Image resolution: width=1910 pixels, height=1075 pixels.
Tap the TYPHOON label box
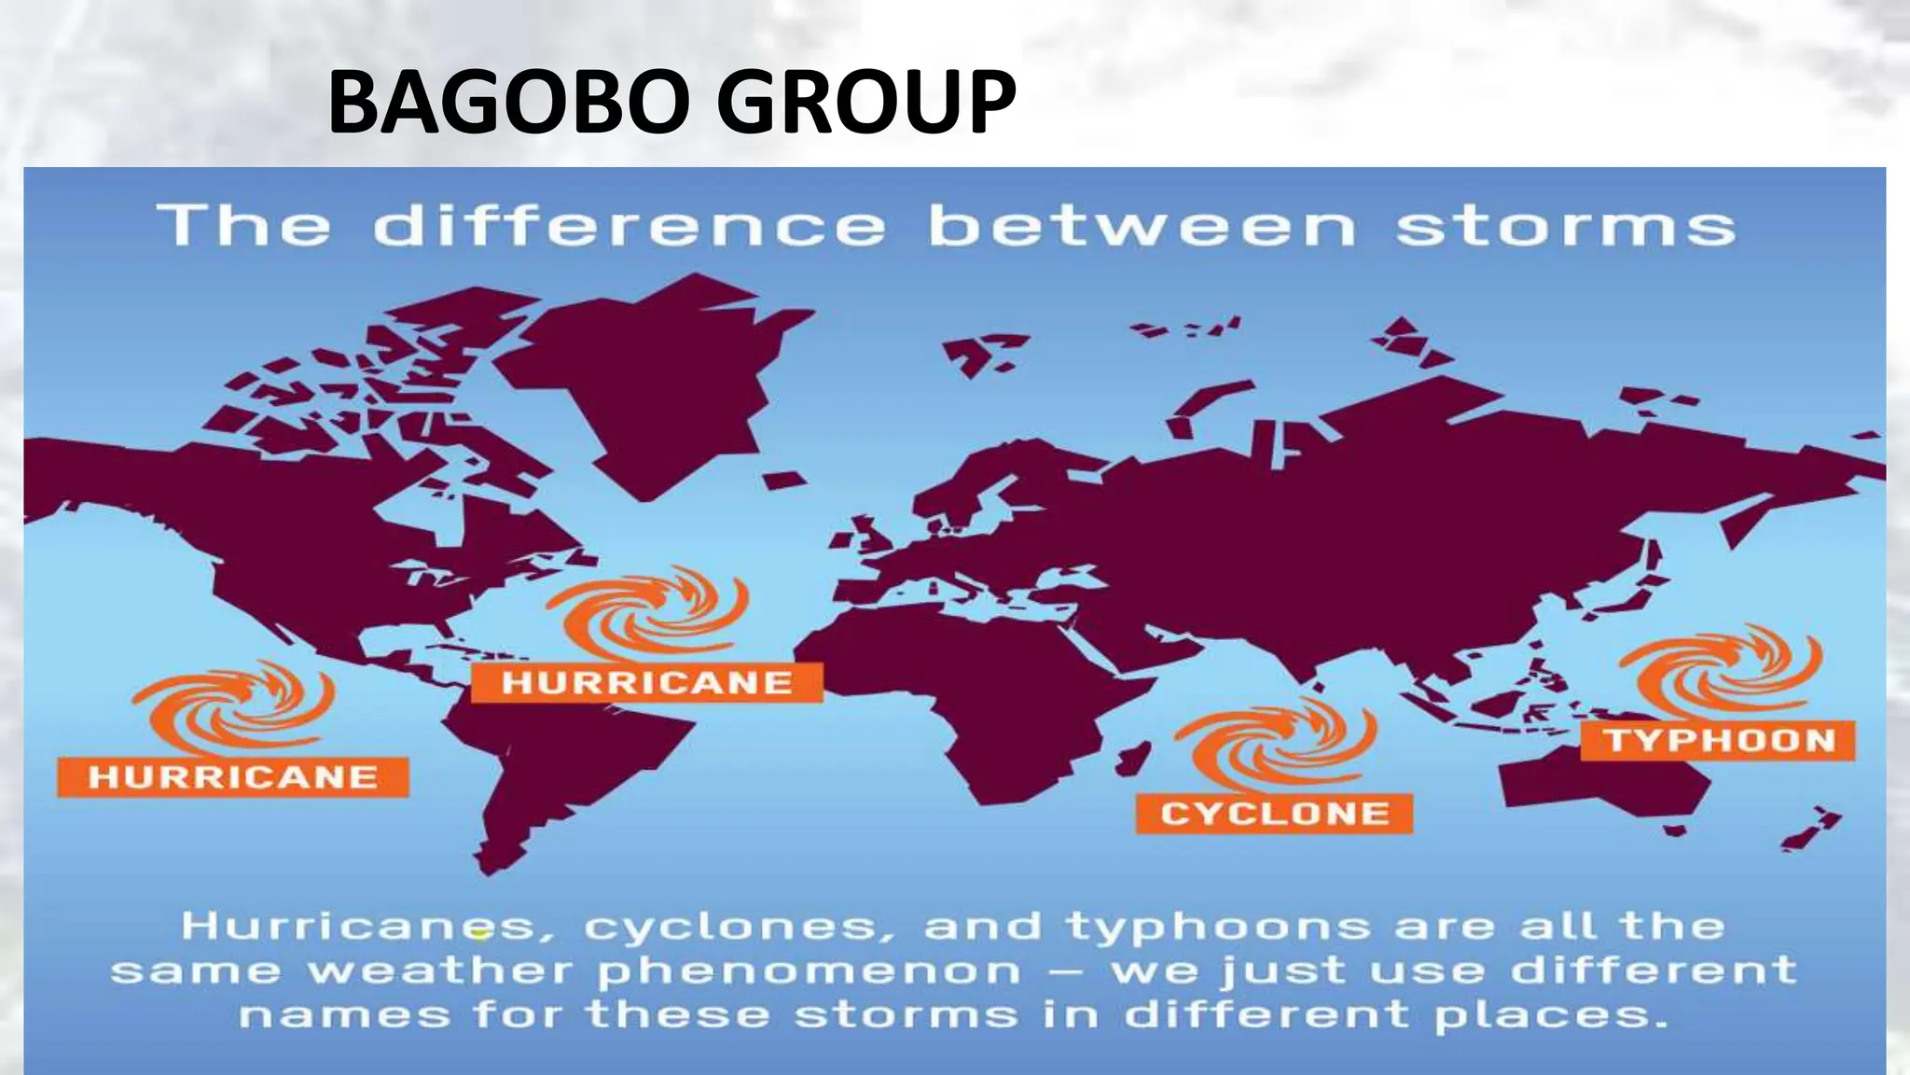point(1718,741)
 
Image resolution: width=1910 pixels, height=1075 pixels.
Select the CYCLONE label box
point(1274,814)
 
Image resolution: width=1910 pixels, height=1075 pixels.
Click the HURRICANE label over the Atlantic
point(647,683)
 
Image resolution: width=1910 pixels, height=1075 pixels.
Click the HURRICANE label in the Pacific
point(233,777)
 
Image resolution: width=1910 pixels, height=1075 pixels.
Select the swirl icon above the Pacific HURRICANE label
point(233,709)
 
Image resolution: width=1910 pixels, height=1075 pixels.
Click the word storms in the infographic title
point(1565,227)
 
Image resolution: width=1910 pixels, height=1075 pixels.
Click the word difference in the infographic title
point(630,227)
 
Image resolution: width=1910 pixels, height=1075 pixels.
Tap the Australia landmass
point(1604,793)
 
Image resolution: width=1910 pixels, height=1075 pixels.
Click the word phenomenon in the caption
point(810,971)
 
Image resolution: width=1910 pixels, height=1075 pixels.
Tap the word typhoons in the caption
point(1218,928)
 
